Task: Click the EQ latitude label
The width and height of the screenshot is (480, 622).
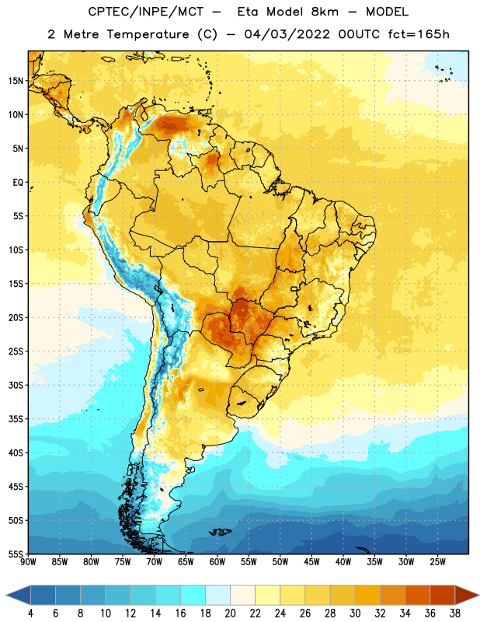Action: click(18, 183)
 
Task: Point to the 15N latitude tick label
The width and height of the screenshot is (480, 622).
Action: click(16, 81)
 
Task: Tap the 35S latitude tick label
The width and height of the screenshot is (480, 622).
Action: click(16, 419)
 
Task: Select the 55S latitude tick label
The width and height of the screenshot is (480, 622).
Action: click(16, 554)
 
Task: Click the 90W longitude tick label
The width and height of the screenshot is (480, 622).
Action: click(28, 562)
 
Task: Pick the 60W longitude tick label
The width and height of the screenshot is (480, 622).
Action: click(217, 562)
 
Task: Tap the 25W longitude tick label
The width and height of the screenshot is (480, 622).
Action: click(437, 562)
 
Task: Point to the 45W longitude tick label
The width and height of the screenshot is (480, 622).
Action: click(311, 562)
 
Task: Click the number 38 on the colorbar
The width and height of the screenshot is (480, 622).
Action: click(455, 613)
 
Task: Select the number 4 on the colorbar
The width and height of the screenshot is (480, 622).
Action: click(30, 613)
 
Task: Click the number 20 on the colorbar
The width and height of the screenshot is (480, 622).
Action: click(230, 613)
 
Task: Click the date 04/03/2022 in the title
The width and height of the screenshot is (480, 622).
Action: click(287, 34)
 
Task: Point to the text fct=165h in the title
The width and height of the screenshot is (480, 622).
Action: click(419, 34)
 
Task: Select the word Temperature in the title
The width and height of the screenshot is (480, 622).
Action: click(148, 34)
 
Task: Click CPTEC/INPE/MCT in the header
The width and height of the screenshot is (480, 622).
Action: click(145, 12)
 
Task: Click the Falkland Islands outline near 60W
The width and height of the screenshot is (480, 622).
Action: click(221, 532)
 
